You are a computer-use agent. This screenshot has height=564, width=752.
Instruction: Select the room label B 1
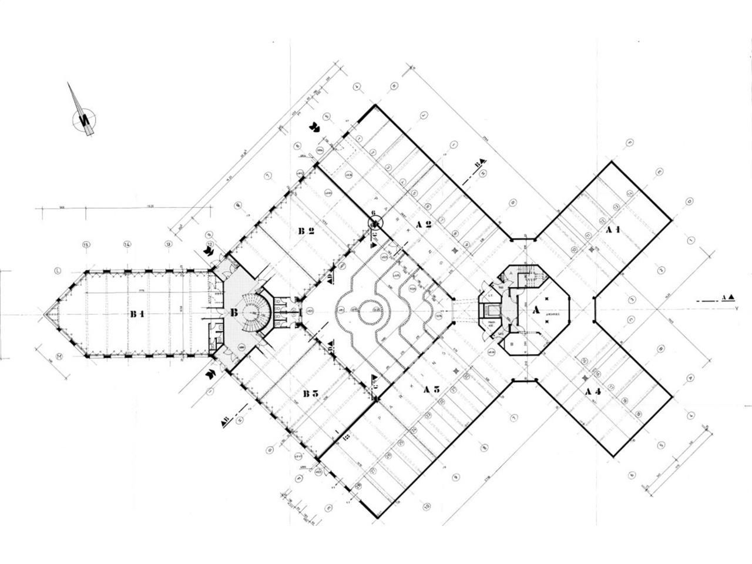(137, 314)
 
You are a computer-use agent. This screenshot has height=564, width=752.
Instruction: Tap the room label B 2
(305, 231)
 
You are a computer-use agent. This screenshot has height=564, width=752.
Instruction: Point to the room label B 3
(310, 393)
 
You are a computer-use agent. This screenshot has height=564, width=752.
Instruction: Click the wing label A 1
(613, 230)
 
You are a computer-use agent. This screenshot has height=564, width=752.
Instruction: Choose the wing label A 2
(424, 224)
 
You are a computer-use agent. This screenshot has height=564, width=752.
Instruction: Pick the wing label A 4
(592, 391)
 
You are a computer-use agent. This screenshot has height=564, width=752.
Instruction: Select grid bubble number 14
(126, 244)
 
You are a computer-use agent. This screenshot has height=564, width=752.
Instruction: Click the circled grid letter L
(58, 271)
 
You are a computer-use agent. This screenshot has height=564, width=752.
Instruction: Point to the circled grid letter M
(59, 356)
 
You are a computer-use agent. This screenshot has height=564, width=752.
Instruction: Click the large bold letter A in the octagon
(535, 310)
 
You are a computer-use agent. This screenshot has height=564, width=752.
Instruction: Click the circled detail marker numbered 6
(374, 223)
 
